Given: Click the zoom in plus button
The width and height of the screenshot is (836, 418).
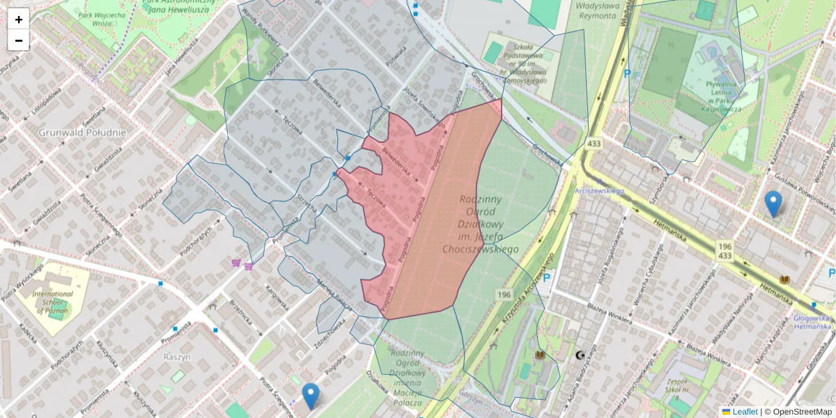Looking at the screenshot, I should coord(19,20).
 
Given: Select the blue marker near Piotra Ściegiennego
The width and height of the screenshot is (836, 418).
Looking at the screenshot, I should coord(311,396).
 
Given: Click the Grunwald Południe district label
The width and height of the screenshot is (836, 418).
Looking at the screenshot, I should coord(82,132).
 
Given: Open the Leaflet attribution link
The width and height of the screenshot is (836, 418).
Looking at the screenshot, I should coord(745,412).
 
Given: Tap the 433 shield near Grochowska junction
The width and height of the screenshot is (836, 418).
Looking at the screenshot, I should coord(594,144).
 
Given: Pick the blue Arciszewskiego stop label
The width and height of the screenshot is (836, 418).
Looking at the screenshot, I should coord(600,188).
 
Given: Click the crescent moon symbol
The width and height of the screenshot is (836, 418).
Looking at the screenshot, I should coord(580,355).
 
